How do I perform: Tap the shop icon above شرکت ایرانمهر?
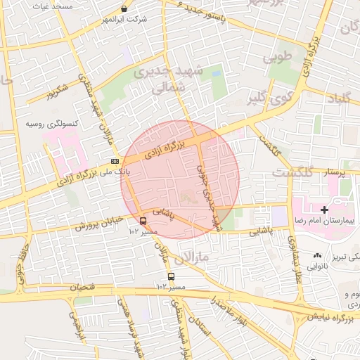tap(124, 9)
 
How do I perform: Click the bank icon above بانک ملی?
tap(115, 161)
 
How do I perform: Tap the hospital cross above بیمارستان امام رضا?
tap(324, 210)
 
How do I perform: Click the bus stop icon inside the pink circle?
tap(144, 219)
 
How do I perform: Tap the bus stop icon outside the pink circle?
tap(171, 276)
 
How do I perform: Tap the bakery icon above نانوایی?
tap(317, 256)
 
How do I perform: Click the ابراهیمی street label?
tap(75, 324)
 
